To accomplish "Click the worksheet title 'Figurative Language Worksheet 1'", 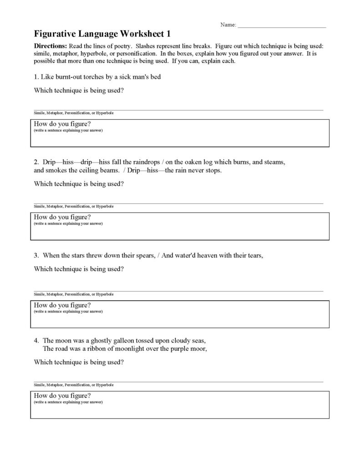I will point(103,34).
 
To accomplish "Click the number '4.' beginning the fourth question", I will point(37,340).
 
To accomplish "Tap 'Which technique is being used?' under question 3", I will point(79,269).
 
